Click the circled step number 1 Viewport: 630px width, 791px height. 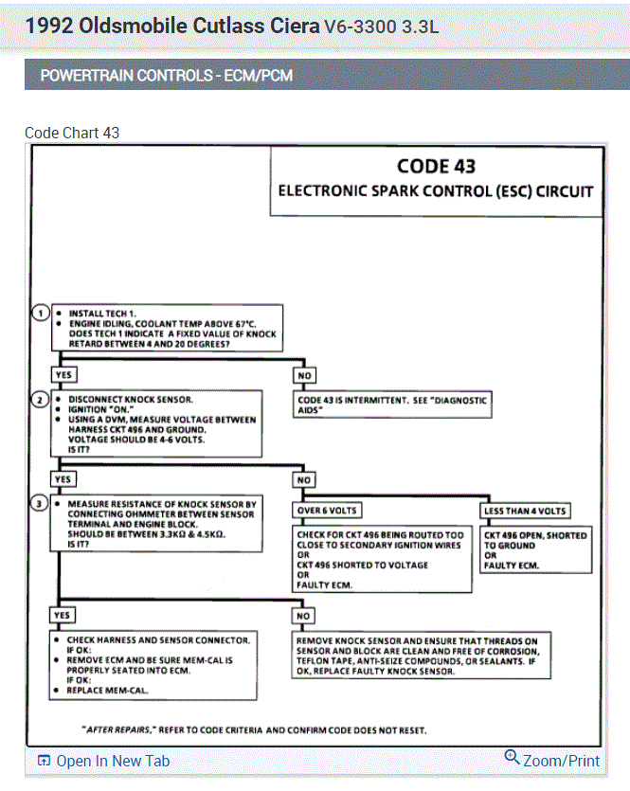pyautogui.click(x=41, y=314)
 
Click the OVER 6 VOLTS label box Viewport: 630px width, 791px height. pyautogui.click(x=328, y=511)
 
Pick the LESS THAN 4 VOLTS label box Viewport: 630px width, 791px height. pyautogui.click(x=525, y=511)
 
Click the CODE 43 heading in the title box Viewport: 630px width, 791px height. pyautogui.click(x=436, y=167)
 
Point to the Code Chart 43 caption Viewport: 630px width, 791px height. pyautogui.click(x=72, y=133)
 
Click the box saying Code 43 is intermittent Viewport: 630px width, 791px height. pyautogui.click(x=392, y=404)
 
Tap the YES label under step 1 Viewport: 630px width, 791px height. pyautogui.click(x=64, y=374)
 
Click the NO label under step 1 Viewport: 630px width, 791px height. pyautogui.click(x=304, y=375)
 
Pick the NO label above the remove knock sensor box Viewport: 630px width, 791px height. pyautogui.click(x=304, y=616)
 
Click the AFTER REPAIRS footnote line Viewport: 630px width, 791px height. pyautogui.click(x=254, y=729)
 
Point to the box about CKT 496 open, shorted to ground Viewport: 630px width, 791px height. pyautogui.click(x=535, y=550)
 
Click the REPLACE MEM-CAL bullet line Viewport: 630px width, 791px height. pyautogui.click(x=112, y=691)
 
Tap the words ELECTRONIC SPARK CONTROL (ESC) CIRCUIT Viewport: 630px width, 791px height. pyautogui.click(x=436, y=191)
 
